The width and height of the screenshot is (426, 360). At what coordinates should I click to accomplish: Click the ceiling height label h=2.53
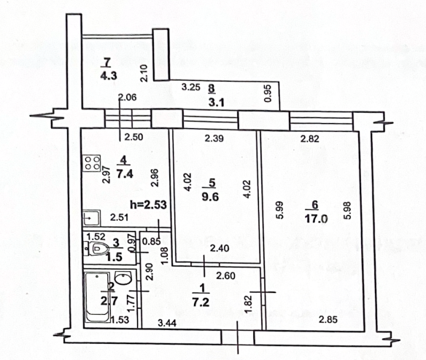[148, 205]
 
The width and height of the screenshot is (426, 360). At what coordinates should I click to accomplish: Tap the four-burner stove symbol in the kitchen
[92, 163]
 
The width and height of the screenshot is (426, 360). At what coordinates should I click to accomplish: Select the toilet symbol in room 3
[99, 248]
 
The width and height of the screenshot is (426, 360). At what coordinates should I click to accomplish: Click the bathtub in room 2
[98, 297]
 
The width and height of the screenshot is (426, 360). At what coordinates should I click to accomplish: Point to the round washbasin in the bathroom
[123, 278]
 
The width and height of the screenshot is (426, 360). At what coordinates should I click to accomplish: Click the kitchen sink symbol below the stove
[92, 218]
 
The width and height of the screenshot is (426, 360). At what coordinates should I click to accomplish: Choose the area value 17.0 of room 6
[316, 218]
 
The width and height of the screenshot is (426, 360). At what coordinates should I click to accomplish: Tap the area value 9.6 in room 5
[210, 197]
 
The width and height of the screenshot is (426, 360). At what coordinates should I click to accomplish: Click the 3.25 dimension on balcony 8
[191, 87]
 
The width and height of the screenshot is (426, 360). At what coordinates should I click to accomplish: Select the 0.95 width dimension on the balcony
[268, 94]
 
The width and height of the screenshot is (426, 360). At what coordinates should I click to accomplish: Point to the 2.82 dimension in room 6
[310, 138]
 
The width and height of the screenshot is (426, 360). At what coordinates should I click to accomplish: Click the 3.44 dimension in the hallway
[167, 323]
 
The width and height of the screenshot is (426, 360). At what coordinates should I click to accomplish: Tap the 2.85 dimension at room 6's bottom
[328, 319]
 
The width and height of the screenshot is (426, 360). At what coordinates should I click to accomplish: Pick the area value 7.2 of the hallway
[201, 302]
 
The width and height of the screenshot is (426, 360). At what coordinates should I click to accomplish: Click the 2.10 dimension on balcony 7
[144, 74]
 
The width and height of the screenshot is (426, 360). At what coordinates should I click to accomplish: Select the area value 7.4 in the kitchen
[125, 173]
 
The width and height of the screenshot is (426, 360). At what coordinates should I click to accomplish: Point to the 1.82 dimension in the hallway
[249, 304]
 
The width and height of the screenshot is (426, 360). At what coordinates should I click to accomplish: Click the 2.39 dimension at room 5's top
[214, 138]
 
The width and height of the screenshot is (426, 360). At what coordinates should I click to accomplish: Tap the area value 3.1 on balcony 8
[217, 102]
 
